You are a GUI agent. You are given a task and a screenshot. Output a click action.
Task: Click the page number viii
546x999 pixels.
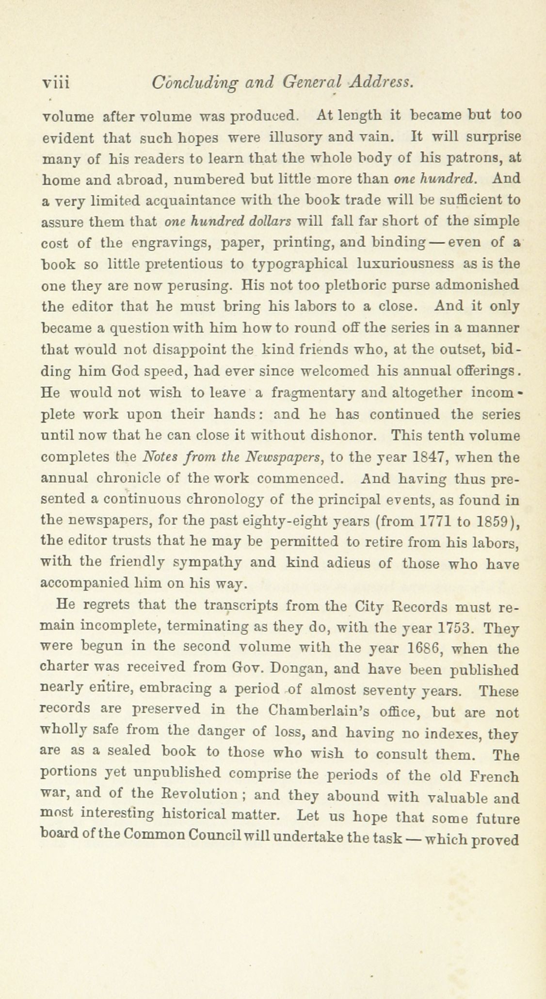[x=56, y=83]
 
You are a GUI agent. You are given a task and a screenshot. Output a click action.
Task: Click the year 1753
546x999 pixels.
[x=455, y=628]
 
